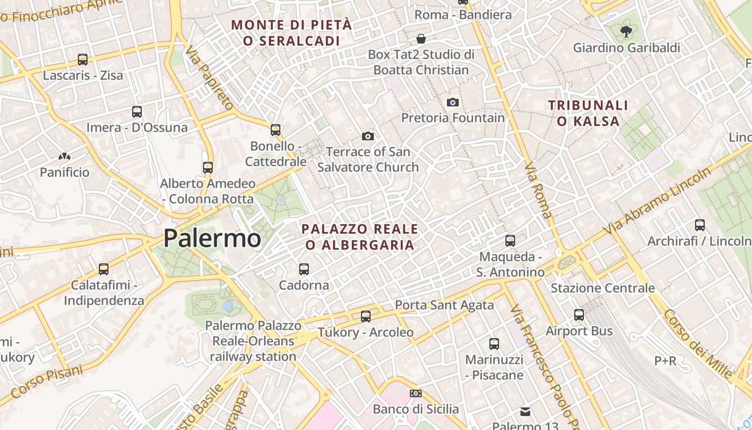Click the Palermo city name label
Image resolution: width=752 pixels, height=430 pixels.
(212, 238)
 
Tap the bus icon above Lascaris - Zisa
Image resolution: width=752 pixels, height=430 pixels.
(83, 60)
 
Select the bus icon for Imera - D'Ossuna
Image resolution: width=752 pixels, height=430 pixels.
(137, 112)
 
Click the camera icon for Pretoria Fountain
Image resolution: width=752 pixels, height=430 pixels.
(453, 102)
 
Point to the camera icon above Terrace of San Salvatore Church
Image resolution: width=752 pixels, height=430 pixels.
(367, 136)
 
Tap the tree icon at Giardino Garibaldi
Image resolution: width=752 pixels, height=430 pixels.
(626, 32)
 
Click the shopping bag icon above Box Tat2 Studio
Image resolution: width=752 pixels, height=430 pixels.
(421, 39)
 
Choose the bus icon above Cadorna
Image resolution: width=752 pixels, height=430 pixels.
(304, 269)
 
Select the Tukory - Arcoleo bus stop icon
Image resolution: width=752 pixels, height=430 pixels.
(366, 317)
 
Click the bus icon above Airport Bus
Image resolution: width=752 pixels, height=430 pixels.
(579, 315)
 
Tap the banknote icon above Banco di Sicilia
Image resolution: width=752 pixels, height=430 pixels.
(415, 393)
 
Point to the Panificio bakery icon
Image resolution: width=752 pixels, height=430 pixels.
(64, 157)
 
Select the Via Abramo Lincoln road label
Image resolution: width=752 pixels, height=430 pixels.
(657, 200)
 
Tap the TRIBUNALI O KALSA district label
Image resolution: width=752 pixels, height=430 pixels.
(588, 113)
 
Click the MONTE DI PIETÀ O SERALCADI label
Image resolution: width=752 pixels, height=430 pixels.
(292, 33)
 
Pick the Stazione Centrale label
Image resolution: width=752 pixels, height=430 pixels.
(603, 288)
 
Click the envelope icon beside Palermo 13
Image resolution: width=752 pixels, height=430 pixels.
(525, 412)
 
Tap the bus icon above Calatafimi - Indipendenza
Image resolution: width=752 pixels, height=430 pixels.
(104, 269)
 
